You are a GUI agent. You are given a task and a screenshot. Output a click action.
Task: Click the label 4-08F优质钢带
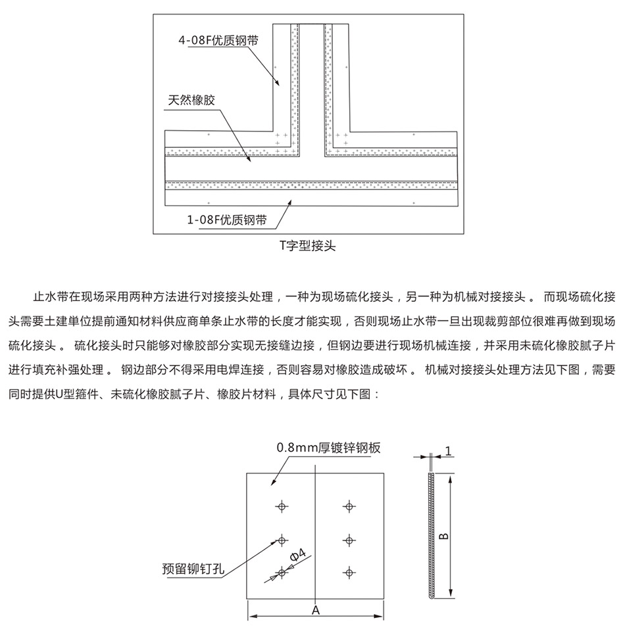point(218,40)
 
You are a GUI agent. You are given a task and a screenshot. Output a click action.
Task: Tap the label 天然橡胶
point(191,101)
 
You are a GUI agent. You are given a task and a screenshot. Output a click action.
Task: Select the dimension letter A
point(315,609)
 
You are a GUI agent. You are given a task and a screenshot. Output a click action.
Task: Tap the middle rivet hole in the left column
point(282,540)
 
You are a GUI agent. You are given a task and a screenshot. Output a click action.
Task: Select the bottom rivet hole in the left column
point(282,573)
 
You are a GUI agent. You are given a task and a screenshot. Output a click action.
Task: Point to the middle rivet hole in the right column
point(349,540)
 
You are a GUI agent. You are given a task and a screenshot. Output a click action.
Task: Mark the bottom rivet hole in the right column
point(349,573)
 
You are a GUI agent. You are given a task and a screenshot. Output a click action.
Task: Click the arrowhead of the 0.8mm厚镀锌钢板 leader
point(271,484)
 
